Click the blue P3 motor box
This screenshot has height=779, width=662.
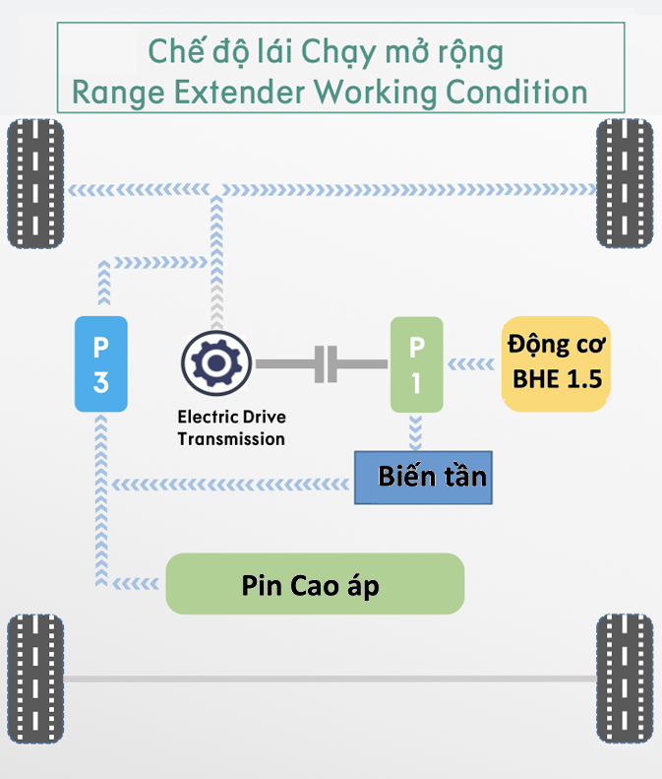(100, 363)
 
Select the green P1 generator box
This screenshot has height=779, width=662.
(417, 363)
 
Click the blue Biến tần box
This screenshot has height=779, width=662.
(423, 478)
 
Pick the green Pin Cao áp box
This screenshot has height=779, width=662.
(315, 584)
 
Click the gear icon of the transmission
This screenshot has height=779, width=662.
(216, 363)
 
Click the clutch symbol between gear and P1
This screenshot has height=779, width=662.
(326, 364)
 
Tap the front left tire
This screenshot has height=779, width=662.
(35, 184)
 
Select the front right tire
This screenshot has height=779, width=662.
(625, 184)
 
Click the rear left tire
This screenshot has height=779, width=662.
(35, 680)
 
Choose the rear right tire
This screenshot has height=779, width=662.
(625, 680)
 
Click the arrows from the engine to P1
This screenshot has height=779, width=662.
(473, 364)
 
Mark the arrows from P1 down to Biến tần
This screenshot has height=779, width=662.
(416, 431)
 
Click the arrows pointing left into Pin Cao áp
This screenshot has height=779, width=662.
(138, 583)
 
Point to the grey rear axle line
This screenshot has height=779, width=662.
(330, 680)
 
